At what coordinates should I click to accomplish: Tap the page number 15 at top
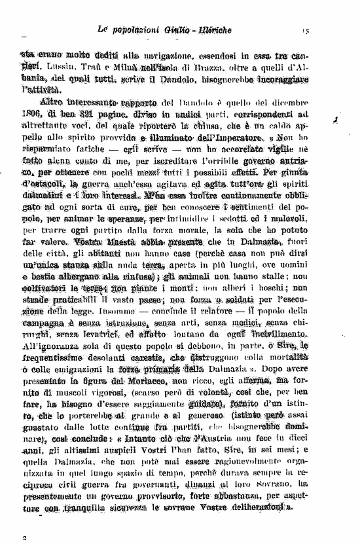(x=306, y=31)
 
